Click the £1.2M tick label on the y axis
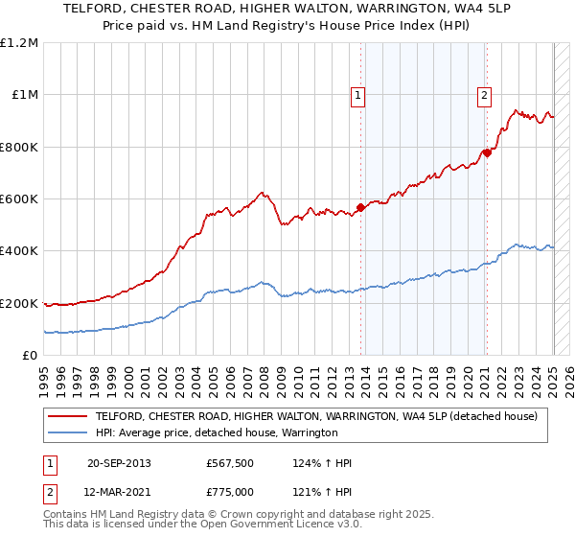click(x=19, y=43)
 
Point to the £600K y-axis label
click(x=19, y=199)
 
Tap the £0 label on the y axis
click(x=31, y=356)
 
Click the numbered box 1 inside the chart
click(x=357, y=95)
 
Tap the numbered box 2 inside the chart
click(x=485, y=95)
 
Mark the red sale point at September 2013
click(x=360, y=207)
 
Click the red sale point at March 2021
click(x=487, y=152)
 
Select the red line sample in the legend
click(x=68, y=416)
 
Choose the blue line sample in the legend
click(x=68, y=433)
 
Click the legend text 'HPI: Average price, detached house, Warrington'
click(x=217, y=433)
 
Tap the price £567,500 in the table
click(x=229, y=463)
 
